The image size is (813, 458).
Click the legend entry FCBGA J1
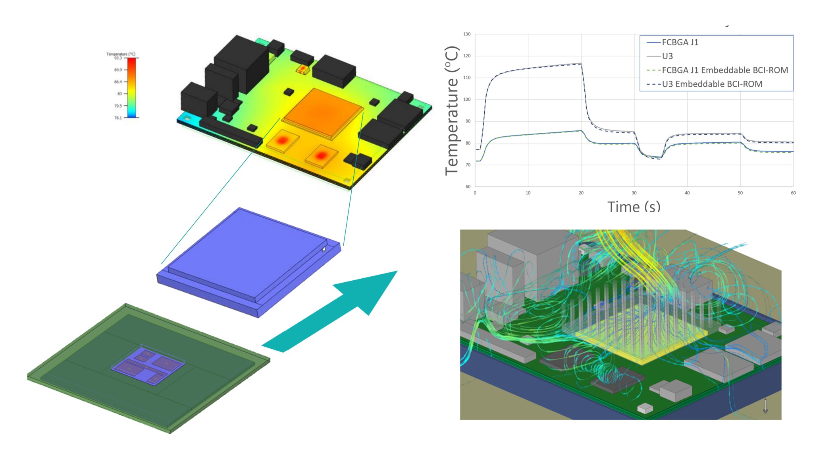tap(680, 42)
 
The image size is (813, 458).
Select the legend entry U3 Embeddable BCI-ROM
tap(712, 84)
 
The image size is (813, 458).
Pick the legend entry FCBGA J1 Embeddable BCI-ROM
tap(724, 70)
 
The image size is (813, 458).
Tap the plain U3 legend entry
tap(667, 56)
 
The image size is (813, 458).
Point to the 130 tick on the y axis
tap(467, 34)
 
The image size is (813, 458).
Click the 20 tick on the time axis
tap(581, 193)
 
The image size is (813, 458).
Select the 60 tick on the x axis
tap(793, 193)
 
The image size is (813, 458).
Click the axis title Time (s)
tap(634, 207)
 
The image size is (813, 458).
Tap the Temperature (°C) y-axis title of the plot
tap(452, 111)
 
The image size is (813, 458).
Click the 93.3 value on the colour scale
tap(118, 58)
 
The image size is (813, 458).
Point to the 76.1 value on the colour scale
tap(118, 118)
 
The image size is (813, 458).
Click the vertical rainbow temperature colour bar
tap(131, 87)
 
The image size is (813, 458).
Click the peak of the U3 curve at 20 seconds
tap(581, 64)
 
